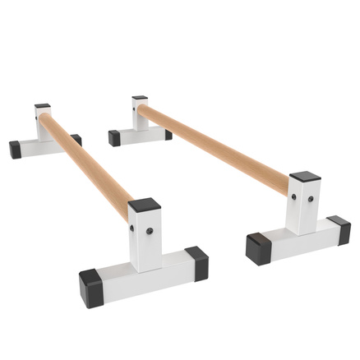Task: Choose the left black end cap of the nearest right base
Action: point(257,247)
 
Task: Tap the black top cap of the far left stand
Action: point(43,107)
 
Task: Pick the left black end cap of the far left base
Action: point(16,150)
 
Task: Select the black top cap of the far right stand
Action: point(140,99)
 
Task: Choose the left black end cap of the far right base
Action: point(114,138)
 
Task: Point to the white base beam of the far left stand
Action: point(41,146)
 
